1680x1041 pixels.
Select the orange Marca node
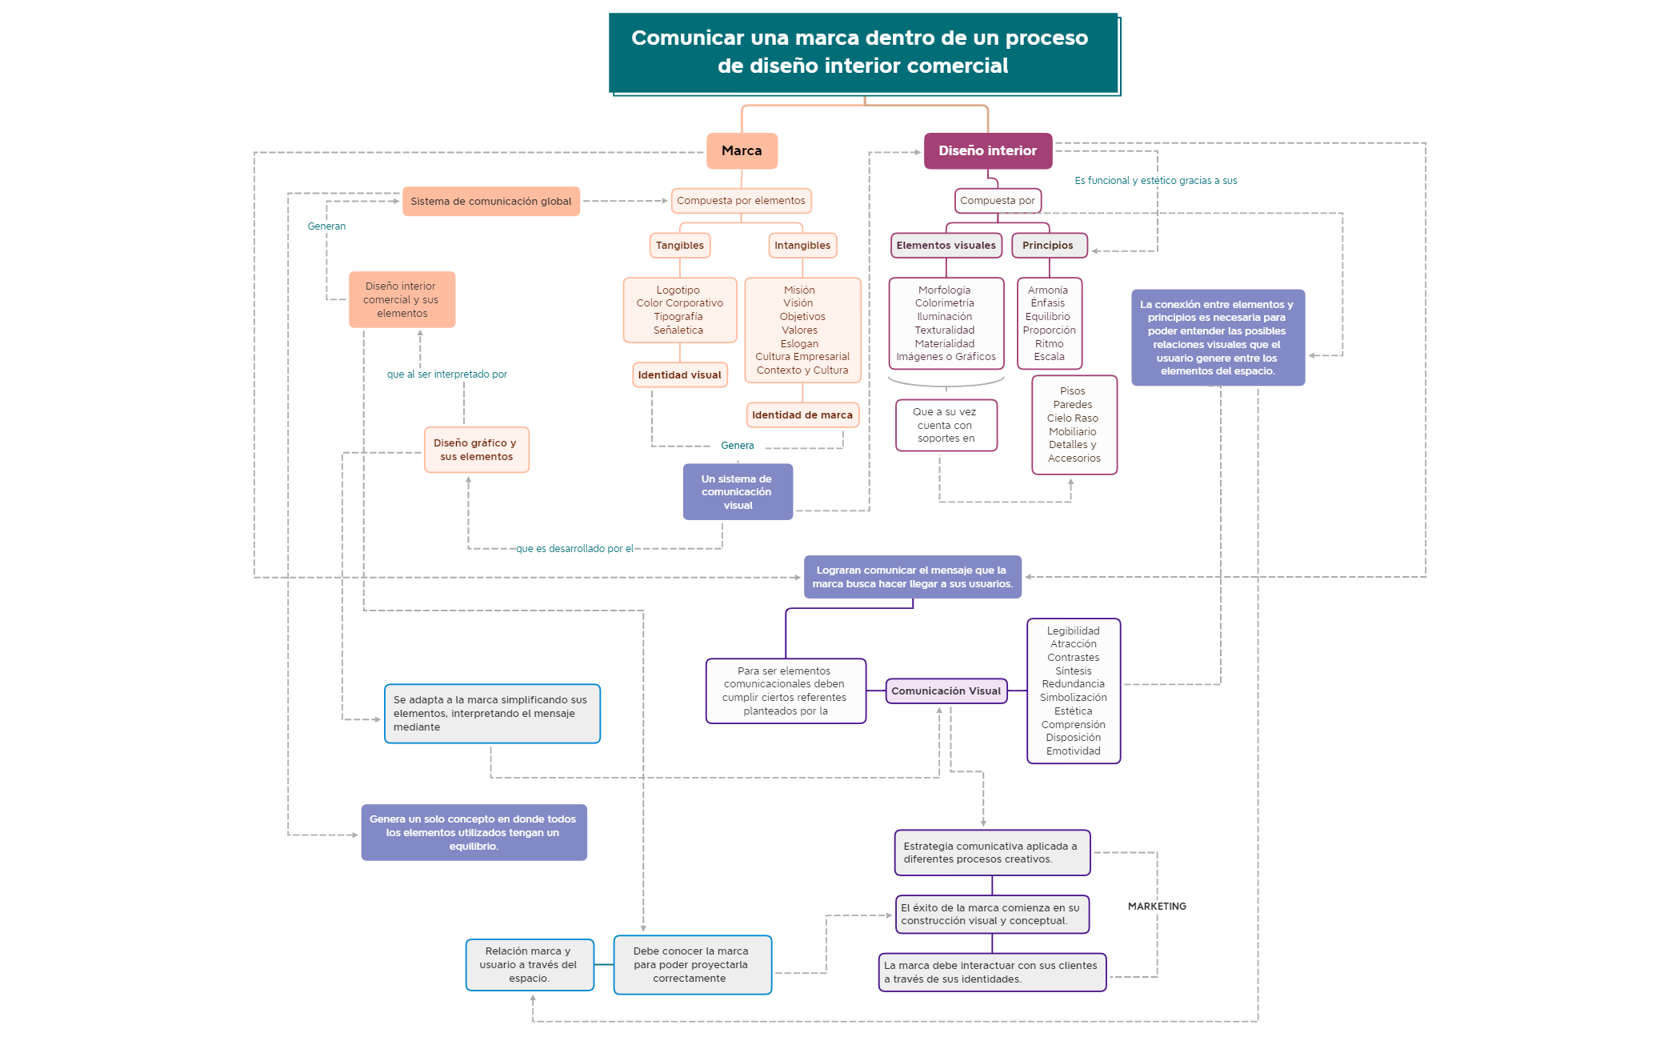tap(742, 150)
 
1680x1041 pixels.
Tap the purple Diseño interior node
tap(987, 150)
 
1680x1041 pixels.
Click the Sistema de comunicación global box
tap(490, 202)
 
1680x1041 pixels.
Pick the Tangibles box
tap(679, 246)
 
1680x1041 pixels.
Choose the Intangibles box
tap(802, 246)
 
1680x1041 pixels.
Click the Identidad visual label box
tap(679, 374)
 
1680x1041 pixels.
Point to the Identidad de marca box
tap(802, 415)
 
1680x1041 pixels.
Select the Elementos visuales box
tap(946, 246)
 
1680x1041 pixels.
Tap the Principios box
tap(1048, 246)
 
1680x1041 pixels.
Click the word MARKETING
tap(1157, 907)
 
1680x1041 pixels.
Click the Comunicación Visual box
tap(946, 691)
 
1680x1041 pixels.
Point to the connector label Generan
tap(326, 226)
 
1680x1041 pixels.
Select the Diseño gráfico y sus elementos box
tap(476, 450)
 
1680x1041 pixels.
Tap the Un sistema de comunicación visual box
tap(737, 492)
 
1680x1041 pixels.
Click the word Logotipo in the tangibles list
tap(678, 290)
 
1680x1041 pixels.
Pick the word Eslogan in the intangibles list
tap(799, 344)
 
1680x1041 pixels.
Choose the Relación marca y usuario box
tap(529, 965)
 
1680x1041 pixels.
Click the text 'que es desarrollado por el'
tap(574, 549)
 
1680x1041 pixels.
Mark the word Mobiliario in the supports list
tap(1073, 432)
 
